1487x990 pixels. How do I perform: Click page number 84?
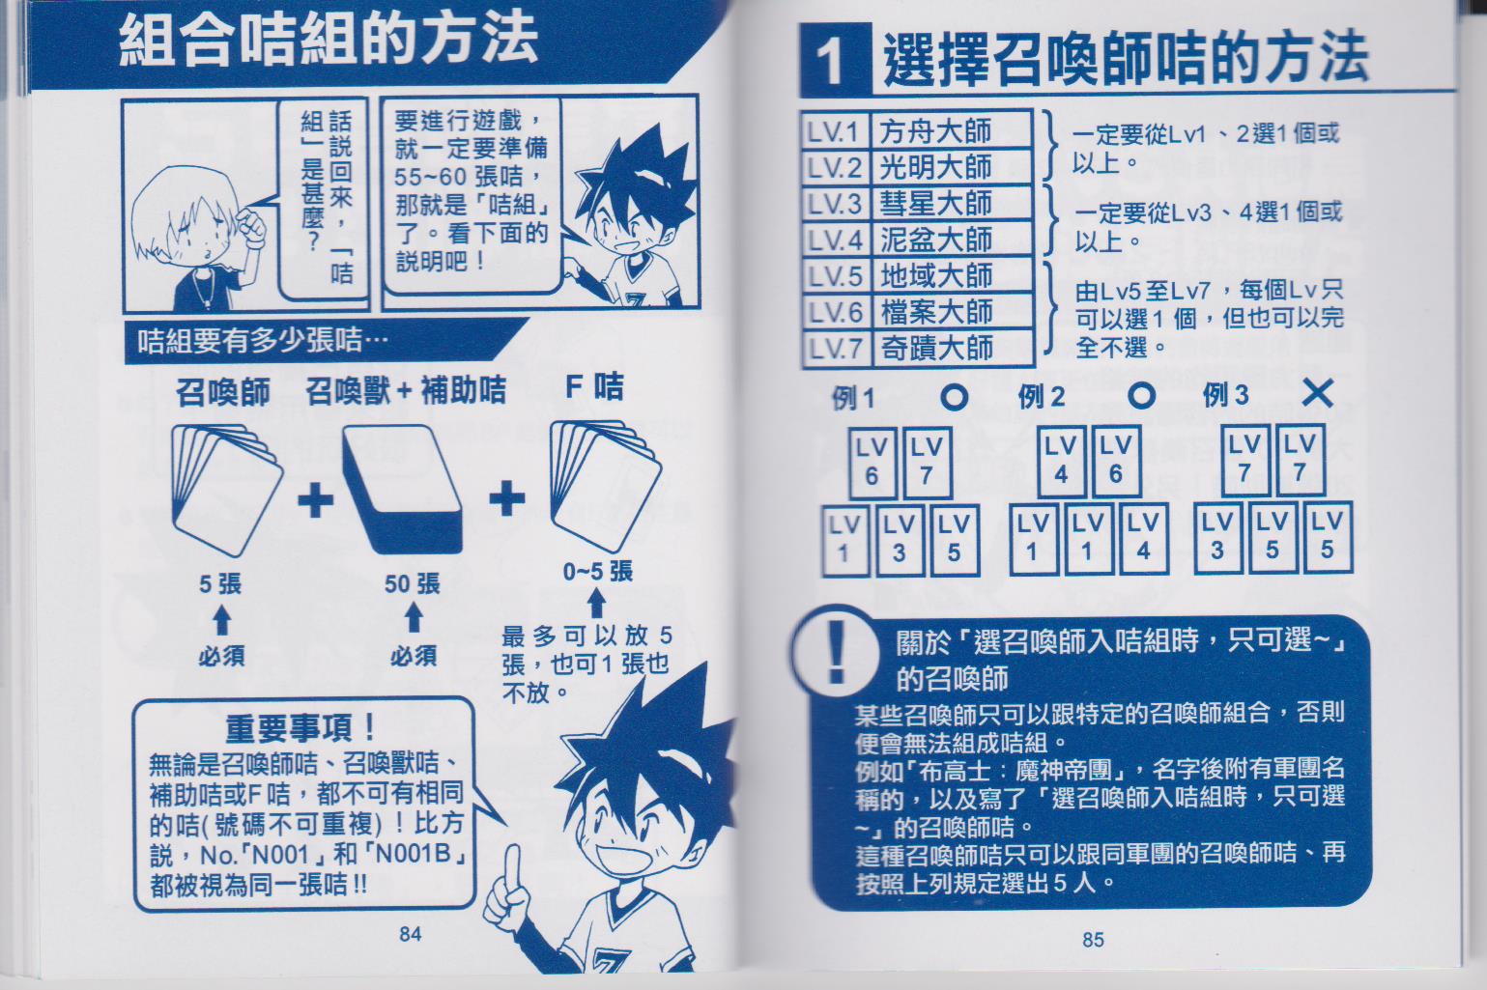coord(411,934)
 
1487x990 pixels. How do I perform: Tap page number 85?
coord(1093,940)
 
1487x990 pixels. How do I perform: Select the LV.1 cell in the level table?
coord(834,131)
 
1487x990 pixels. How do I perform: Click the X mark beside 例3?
coord(1317,394)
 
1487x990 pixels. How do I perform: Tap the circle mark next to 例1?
coord(954,397)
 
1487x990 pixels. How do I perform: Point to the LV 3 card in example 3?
coord(1217,537)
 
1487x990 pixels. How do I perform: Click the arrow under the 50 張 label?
coord(414,617)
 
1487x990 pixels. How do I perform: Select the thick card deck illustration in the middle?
coord(403,490)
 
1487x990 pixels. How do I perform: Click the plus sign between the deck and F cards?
coord(506,498)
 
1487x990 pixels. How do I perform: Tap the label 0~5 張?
coord(597,572)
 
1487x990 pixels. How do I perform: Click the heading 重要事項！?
coord(300,728)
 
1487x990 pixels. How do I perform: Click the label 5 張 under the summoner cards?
coord(220,584)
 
